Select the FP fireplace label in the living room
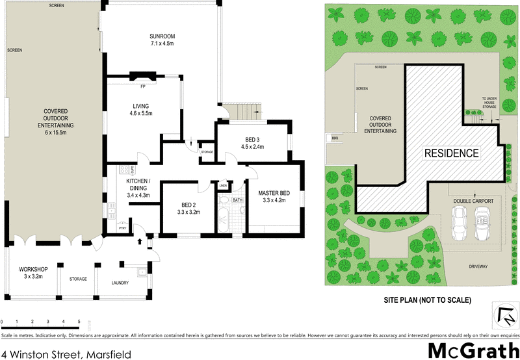[x=142, y=84]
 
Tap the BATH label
[x=237, y=201]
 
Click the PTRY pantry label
[x=122, y=227]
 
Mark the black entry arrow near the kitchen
[x=140, y=241]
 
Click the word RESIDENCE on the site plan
[x=451, y=154]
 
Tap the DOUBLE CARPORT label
[x=474, y=201]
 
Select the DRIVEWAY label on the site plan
[x=478, y=266]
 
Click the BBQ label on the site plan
[x=335, y=138]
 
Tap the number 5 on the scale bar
[x=79, y=322]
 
